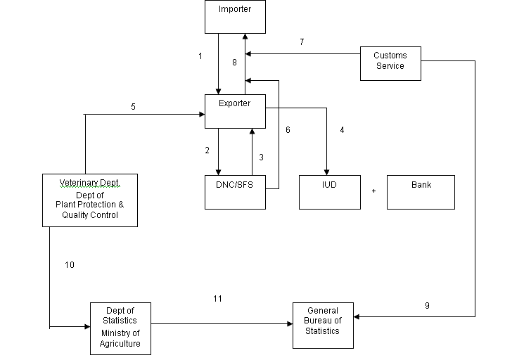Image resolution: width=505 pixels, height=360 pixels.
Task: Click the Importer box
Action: [x=235, y=17]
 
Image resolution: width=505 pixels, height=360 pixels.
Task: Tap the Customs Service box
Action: [x=390, y=62]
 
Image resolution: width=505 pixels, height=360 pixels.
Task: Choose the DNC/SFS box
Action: [x=235, y=192]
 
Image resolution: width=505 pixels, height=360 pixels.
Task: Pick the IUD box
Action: [x=329, y=192]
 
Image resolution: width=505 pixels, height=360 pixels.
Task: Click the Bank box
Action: [x=421, y=192]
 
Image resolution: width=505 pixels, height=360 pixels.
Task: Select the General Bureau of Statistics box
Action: [x=323, y=325]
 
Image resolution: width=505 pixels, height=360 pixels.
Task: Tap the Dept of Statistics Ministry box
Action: [x=120, y=328]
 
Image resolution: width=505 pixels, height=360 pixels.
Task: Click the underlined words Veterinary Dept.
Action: [x=89, y=183]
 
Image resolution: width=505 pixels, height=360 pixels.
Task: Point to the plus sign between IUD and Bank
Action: [x=373, y=191]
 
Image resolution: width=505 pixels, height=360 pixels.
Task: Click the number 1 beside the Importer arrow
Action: [x=200, y=56]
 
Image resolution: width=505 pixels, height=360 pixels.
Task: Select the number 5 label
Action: [x=133, y=107]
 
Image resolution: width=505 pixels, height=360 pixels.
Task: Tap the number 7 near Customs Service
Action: [x=302, y=42]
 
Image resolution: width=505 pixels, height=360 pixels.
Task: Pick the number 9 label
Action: [x=427, y=305]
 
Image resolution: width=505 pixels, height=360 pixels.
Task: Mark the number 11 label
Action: [x=217, y=299]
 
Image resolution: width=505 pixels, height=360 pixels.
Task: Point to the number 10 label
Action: [x=69, y=265]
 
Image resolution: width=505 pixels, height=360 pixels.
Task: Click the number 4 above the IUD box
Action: [x=342, y=130]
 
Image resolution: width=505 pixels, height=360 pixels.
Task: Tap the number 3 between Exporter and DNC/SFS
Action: [x=261, y=157]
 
